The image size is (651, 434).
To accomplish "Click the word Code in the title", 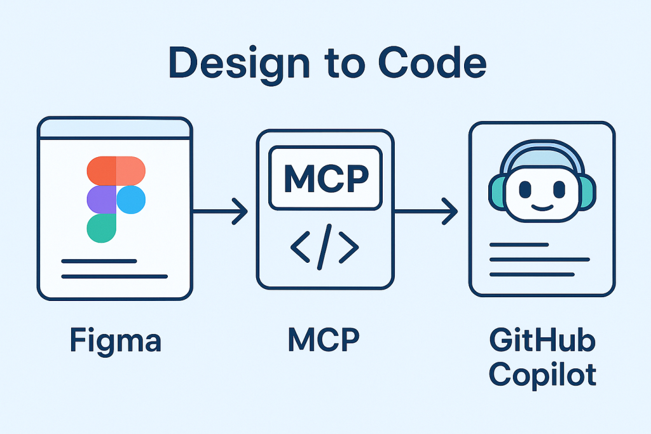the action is [x=432, y=63].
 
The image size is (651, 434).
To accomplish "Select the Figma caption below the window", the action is [x=116, y=341].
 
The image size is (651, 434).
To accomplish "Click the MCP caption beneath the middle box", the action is [x=324, y=340].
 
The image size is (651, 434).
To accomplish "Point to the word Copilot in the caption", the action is [x=543, y=375].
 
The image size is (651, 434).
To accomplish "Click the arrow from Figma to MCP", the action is [x=221, y=212].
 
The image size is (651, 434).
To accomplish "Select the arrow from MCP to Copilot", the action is [x=426, y=212].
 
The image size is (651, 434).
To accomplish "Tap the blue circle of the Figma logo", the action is [x=131, y=200].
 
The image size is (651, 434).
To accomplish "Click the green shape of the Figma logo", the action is [x=101, y=228].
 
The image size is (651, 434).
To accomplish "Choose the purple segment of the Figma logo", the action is [x=102, y=200].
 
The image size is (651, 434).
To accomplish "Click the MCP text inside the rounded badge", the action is [x=326, y=178].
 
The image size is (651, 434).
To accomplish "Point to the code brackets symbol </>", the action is [x=325, y=247].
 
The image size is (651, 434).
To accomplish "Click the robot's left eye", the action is [x=525, y=190].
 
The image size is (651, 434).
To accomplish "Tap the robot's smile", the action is [x=542, y=207].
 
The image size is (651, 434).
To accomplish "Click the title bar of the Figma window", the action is [x=114, y=129].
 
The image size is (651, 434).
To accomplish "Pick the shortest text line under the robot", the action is [x=519, y=245].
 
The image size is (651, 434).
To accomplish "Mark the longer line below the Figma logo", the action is [x=114, y=276].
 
